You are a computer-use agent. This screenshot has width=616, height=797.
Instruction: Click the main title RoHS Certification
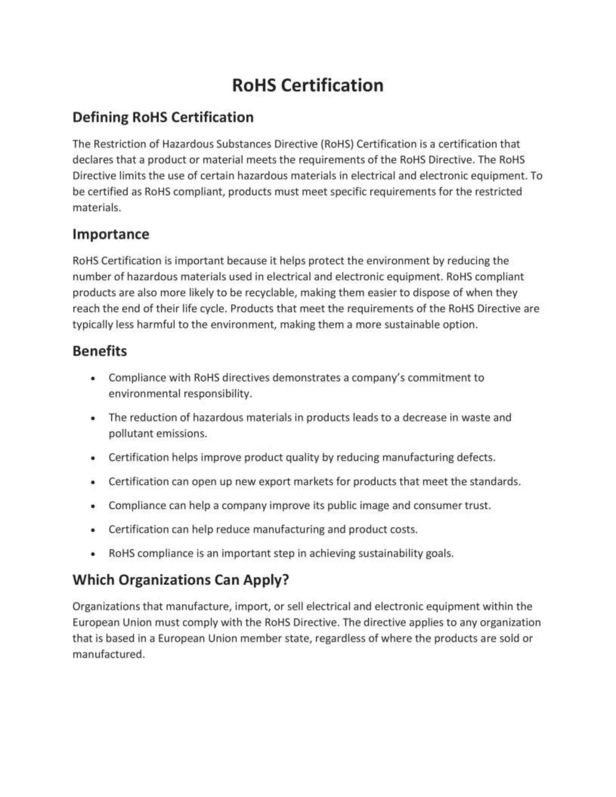[308, 85]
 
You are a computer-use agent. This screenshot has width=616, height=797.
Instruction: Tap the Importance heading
[111, 234]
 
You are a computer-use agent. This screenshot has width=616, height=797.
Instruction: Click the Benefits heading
[100, 351]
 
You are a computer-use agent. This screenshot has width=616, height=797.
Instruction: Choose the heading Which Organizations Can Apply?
[181, 580]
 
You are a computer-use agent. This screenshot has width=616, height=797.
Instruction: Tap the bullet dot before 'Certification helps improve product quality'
[94, 458]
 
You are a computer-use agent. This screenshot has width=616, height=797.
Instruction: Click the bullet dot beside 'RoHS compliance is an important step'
[94, 554]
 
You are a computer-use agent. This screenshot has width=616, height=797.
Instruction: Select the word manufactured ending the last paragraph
[108, 654]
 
